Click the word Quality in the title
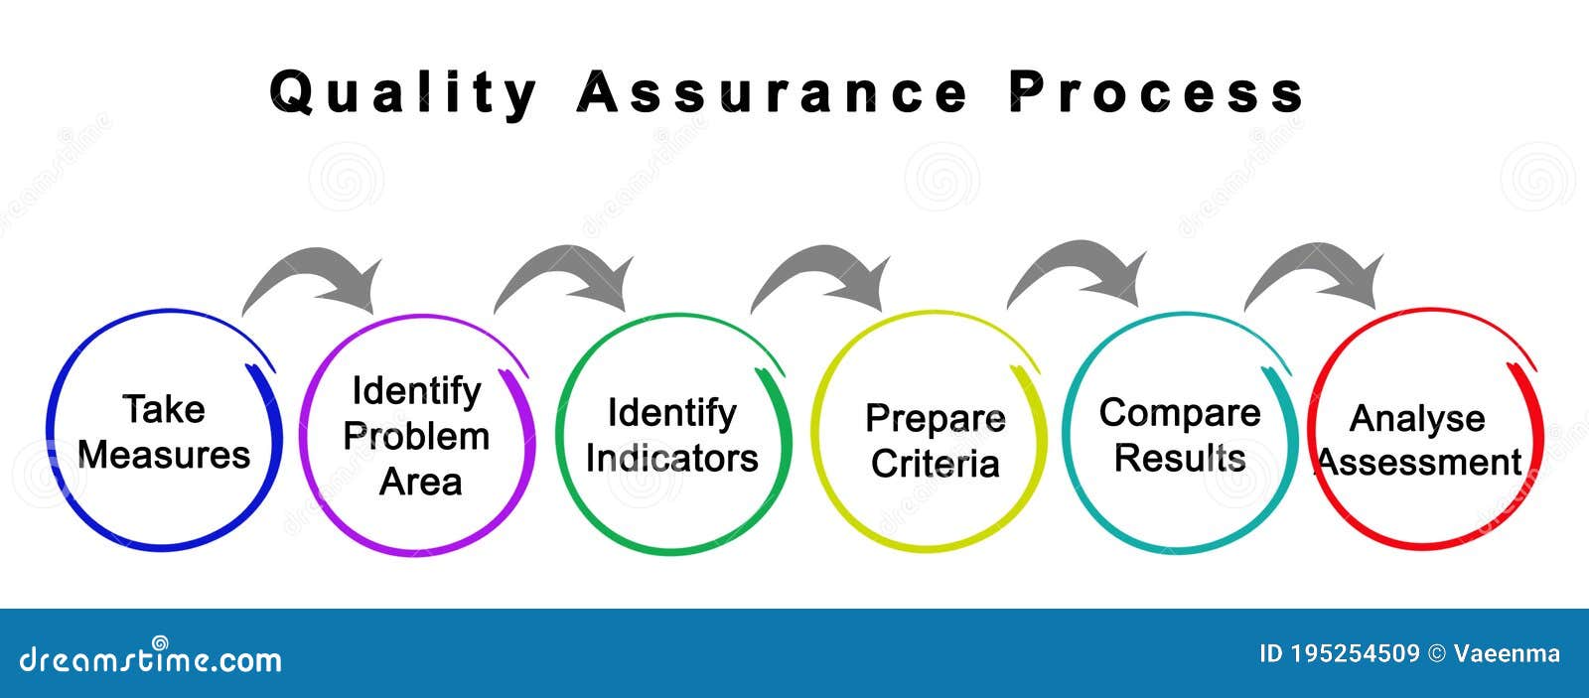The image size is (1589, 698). pyautogui.click(x=403, y=94)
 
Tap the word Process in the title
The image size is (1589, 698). pyautogui.click(x=1156, y=92)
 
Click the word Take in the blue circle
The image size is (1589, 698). pyautogui.click(x=164, y=409)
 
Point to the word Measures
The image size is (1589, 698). pyautogui.click(x=164, y=455)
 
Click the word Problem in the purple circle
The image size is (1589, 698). pyautogui.click(x=416, y=436)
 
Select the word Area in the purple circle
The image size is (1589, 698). pyautogui.click(x=421, y=483)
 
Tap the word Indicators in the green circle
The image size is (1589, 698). pyautogui.click(x=671, y=459)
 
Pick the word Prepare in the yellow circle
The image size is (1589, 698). pyautogui.click(x=935, y=420)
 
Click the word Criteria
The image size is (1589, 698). pyautogui.click(x=935, y=464)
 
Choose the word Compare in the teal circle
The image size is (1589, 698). pyautogui.click(x=1180, y=414)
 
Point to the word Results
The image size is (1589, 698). pyautogui.click(x=1180, y=458)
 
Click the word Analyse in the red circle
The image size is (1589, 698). pyautogui.click(x=1416, y=420)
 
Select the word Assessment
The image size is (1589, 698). pyautogui.click(x=1419, y=463)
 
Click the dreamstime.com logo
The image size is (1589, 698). pyautogui.click(x=150, y=657)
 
